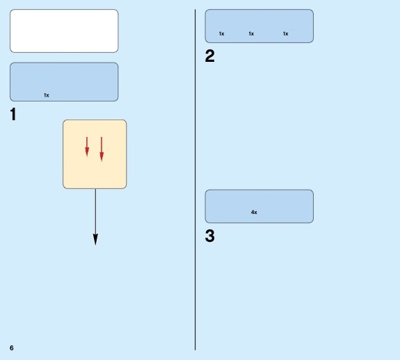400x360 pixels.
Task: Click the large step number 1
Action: [x=13, y=114]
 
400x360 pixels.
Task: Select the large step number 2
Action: [x=209, y=56]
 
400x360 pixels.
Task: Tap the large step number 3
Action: [x=209, y=236]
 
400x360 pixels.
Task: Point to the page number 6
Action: [x=12, y=347]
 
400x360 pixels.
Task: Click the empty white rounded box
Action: [x=64, y=31]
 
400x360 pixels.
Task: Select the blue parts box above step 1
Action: [x=64, y=82]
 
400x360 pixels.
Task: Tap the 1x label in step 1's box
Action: [x=47, y=95]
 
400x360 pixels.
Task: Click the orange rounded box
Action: [x=95, y=154]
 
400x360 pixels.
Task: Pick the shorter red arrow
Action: [x=87, y=147]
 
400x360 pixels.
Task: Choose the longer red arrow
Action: [x=102, y=149]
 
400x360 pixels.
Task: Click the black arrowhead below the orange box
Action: [x=95, y=240]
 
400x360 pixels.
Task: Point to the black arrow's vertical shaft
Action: [x=96, y=212]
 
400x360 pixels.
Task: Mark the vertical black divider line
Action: [x=195, y=179]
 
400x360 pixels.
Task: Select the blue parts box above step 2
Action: [x=259, y=26]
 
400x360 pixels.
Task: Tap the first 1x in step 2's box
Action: [x=222, y=33]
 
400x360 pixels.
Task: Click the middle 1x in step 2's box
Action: [x=251, y=33]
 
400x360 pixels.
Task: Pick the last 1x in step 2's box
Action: [x=286, y=33]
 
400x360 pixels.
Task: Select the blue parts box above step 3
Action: [x=259, y=206]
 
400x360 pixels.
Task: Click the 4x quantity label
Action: [x=254, y=212]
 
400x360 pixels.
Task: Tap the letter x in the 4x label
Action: [x=255, y=213]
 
